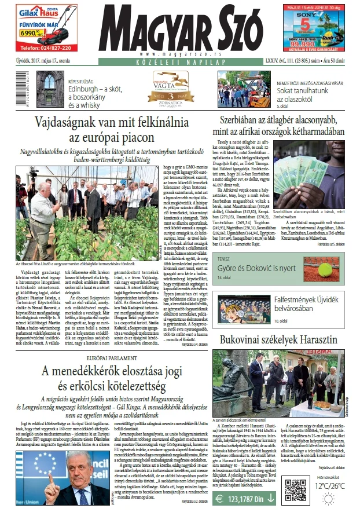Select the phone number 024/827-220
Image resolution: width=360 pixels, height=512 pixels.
point(40,48)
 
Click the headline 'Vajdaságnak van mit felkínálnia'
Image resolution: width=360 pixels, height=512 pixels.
point(107,130)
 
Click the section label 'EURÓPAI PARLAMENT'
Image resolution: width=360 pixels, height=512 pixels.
point(107,359)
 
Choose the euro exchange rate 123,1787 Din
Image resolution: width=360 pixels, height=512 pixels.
point(247,498)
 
